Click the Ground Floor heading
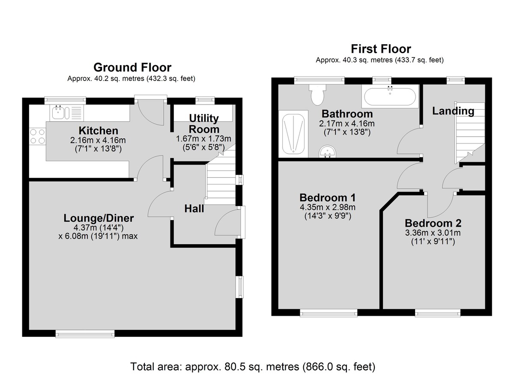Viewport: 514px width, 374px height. pos(132,67)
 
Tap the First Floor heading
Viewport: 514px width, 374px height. pos(381,49)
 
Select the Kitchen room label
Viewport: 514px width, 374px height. pos(99,131)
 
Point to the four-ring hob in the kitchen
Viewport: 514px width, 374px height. pos(38,136)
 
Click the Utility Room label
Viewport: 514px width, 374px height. pos(204,124)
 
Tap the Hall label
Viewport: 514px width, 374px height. pos(194,209)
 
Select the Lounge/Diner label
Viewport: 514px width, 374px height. pos(99,218)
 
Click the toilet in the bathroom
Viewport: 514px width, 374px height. pos(317,95)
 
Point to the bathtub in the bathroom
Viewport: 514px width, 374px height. pos(390,96)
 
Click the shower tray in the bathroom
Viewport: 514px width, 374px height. pos(293,134)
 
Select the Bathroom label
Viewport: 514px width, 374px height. pos(347,114)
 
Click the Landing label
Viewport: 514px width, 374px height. pos(453,111)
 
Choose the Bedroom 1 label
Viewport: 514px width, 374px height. pos(328,197)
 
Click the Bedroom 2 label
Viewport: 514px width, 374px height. pos(433,223)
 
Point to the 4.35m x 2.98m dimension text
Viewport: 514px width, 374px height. pos(328,207)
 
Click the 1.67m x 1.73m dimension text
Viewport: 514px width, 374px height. pos(203,139)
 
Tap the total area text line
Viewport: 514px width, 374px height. pos(253,366)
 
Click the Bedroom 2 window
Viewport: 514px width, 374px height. pos(438,313)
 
